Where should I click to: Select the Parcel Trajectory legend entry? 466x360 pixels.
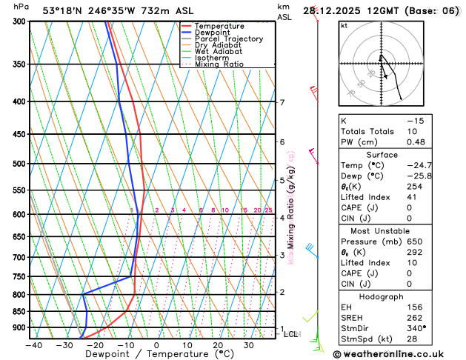click(229, 39)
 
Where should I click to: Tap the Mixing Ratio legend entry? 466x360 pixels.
click(222, 64)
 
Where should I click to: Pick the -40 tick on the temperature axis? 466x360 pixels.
click(33, 345)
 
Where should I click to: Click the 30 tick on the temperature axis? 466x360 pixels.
click(249, 345)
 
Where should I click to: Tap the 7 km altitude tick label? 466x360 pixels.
click(282, 103)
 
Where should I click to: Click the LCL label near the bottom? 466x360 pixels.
click(291, 334)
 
